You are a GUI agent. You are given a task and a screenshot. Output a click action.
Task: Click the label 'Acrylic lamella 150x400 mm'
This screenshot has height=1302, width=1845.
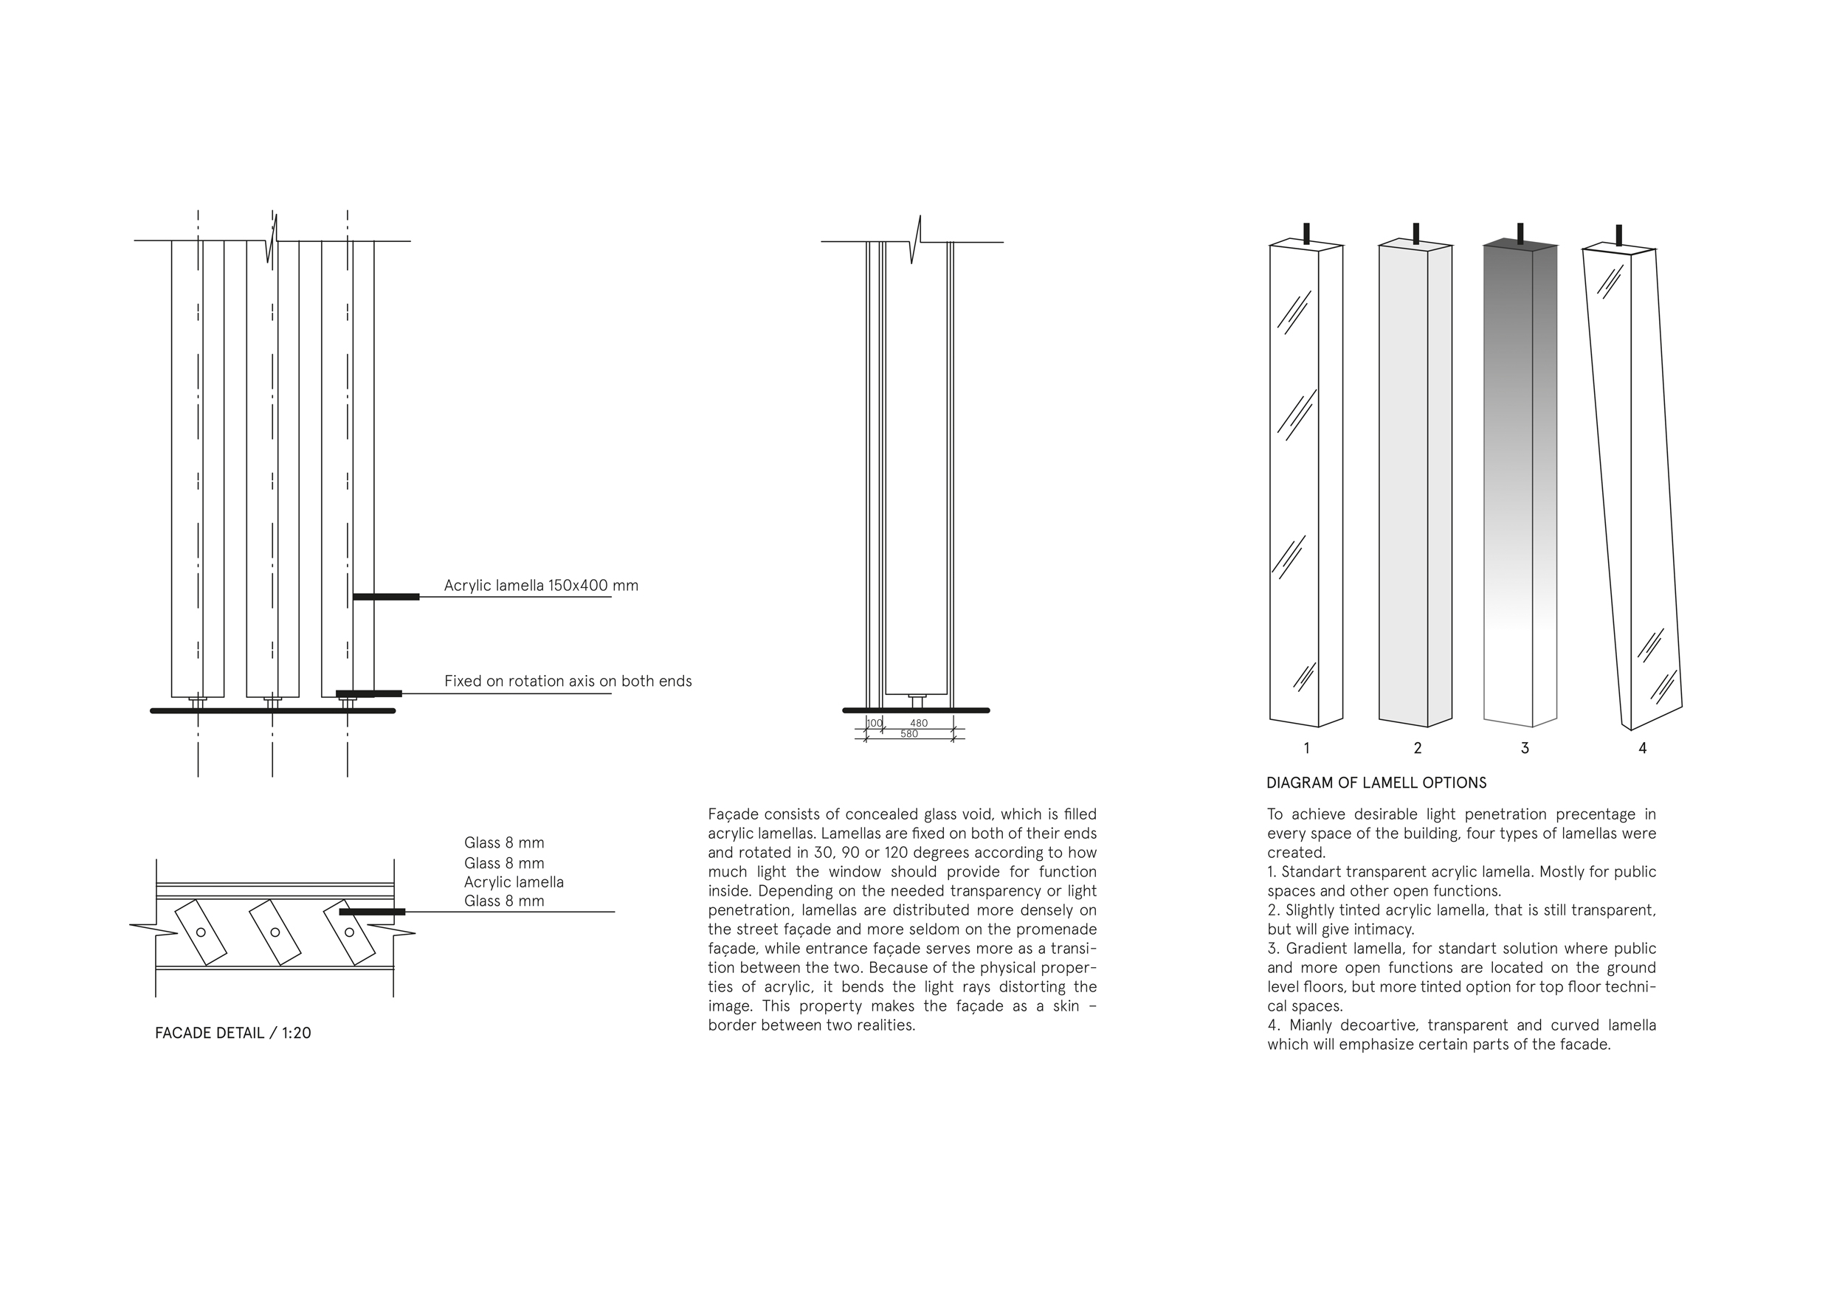(x=541, y=586)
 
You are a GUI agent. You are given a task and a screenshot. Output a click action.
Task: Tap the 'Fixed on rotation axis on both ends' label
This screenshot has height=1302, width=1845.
(x=568, y=681)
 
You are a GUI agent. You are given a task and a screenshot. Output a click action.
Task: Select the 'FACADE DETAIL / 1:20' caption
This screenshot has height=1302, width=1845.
(x=233, y=1033)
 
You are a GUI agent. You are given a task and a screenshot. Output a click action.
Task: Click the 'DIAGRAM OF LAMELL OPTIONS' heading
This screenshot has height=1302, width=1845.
(x=1376, y=783)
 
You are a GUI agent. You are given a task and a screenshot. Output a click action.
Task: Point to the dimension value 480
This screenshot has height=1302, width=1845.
(x=919, y=723)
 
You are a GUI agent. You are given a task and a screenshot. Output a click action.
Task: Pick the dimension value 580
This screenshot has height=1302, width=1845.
(x=908, y=734)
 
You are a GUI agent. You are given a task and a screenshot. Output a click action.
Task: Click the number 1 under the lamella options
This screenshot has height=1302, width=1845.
(x=1306, y=749)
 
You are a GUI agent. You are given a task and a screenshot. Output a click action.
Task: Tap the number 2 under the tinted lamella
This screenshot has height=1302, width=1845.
(x=1418, y=749)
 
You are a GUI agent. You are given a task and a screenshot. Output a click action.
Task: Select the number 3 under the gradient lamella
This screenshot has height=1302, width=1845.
(x=1525, y=749)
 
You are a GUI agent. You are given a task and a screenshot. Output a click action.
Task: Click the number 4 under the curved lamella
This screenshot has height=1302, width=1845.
(x=1643, y=749)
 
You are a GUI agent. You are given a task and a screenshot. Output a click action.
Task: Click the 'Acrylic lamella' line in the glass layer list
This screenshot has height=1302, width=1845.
(x=514, y=882)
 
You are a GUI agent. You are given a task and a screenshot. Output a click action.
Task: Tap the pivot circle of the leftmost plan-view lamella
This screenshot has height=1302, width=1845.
(x=201, y=932)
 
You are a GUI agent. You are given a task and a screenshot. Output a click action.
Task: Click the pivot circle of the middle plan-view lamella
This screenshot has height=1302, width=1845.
(x=275, y=932)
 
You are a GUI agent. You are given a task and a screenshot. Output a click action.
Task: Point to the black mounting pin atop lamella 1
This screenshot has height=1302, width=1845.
(x=1306, y=233)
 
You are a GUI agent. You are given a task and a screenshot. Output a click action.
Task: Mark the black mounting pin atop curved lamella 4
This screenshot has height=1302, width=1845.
(x=1618, y=235)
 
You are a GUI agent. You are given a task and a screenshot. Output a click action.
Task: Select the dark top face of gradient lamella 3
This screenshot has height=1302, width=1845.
(x=1520, y=244)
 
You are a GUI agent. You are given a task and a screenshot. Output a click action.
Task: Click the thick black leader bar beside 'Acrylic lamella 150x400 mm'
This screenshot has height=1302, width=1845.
(x=386, y=597)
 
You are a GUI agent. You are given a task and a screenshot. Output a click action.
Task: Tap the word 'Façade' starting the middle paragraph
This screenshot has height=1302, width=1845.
(x=731, y=814)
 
